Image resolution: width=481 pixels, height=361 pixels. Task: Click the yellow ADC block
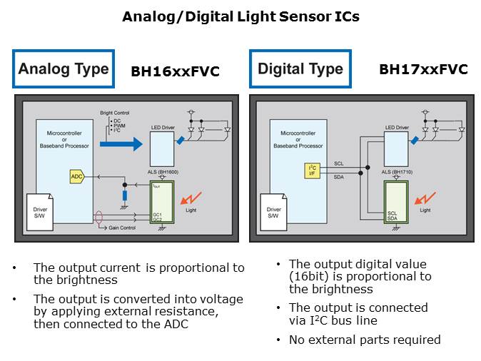tap(76, 176)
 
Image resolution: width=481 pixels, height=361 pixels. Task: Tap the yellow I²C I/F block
tap(311, 170)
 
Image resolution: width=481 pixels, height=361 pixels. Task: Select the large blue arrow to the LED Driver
tap(121, 145)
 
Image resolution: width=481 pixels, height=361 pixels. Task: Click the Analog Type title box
tap(63, 68)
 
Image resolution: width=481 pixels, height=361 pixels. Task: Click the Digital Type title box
tap(300, 68)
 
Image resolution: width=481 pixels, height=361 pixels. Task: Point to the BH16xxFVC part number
tap(175, 71)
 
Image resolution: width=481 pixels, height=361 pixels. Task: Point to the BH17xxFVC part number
tap(423, 69)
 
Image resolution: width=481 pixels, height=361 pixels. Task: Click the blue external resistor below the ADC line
tap(125, 195)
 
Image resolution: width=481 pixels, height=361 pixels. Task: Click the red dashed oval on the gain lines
tap(98, 216)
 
